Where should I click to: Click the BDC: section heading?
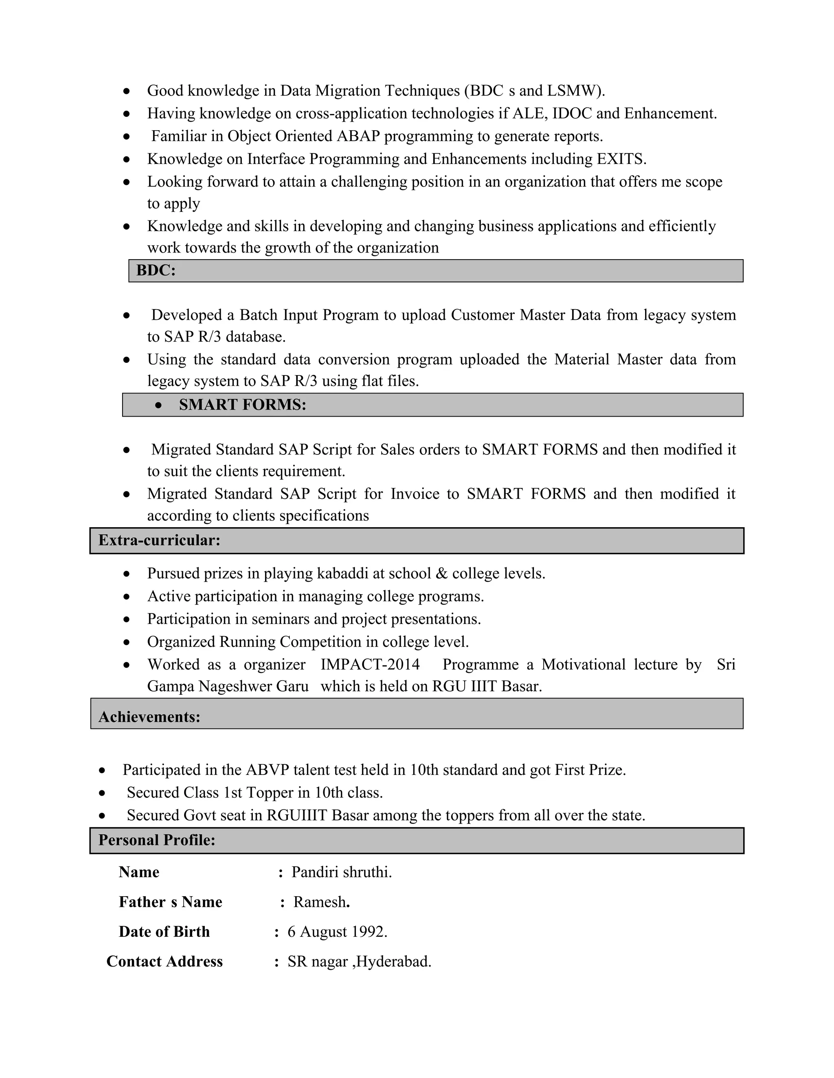pyautogui.click(x=156, y=271)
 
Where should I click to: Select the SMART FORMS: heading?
pyautogui.click(x=242, y=405)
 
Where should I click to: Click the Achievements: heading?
pyautogui.click(x=149, y=717)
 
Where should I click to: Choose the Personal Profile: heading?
pyautogui.click(x=157, y=840)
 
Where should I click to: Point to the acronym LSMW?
pyautogui.click(x=573, y=91)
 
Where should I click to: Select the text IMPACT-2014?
pyautogui.click(x=370, y=664)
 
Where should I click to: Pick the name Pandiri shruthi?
pyautogui.click(x=341, y=872)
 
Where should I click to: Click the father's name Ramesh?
pyautogui.click(x=320, y=902)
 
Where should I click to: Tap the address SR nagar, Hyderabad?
pyautogui.click(x=359, y=962)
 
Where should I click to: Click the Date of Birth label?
pyautogui.click(x=164, y=932)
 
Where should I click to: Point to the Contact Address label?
pyautogui.click(x=165, y=962)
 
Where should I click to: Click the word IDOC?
pyautogui.click(x=572, y=113)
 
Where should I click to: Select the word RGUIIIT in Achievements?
pyautogui.click(x=296, y=815)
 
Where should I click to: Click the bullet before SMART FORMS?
pyautogui.click(x=158, y=405)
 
